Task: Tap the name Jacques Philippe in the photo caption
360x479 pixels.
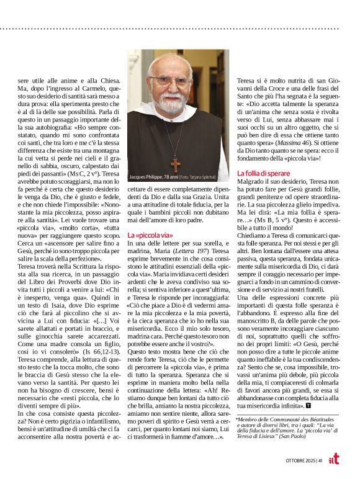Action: coord(146,177)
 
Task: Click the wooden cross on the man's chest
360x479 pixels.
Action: coord(175,164)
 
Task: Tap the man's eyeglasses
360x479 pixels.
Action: coord(171,81)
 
